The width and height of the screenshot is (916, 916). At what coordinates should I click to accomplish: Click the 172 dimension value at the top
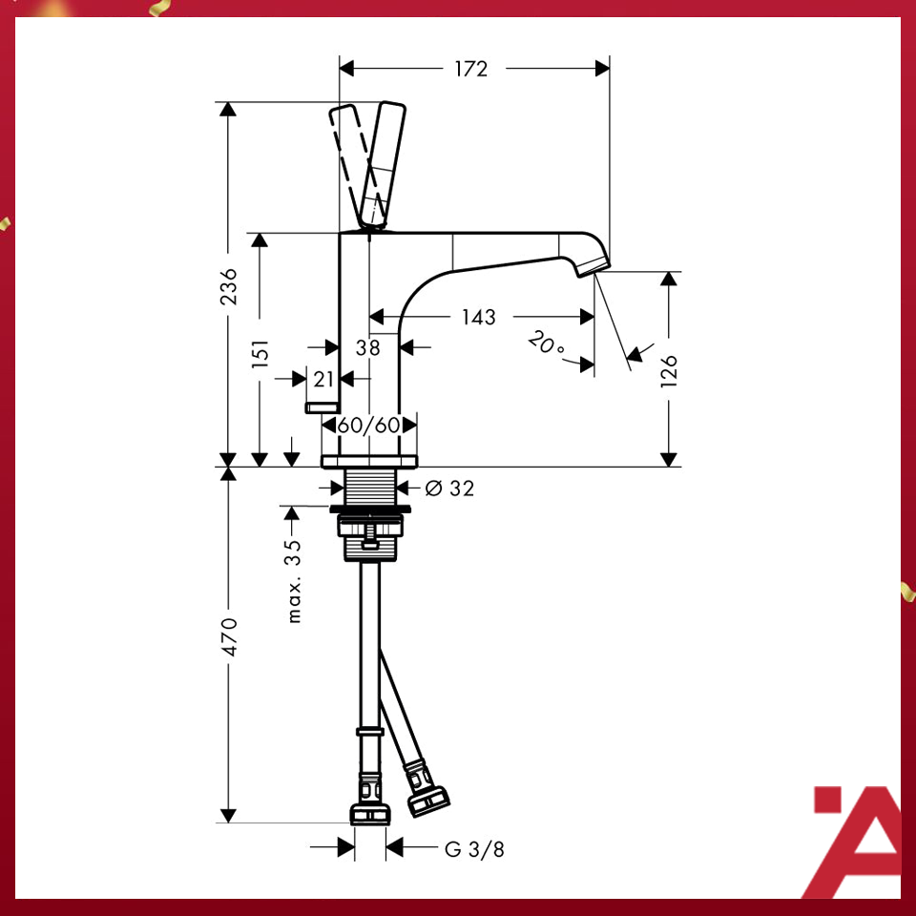pos(470,69)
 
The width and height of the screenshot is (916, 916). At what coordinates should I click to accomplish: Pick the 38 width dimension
pos(367,348)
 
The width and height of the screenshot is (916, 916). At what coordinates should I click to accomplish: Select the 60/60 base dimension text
pos(368,425)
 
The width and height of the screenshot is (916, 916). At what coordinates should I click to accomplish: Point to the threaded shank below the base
pos(369,488)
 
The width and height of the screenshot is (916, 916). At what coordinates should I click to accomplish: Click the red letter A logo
pos(854,840)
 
